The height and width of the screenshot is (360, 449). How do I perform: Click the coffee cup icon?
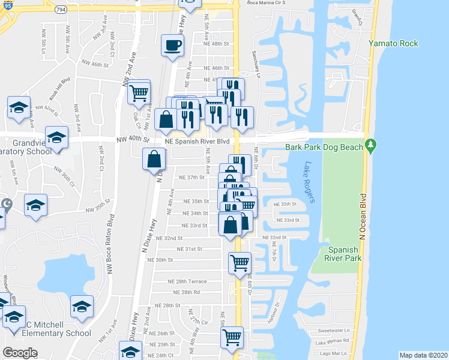(x=173, y=46)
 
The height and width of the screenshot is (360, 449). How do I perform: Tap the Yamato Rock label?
(x=394, y=44)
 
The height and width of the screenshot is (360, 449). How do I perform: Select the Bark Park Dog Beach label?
(x=324, y=147)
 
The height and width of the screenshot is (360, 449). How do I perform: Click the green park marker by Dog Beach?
(x=371, y=145)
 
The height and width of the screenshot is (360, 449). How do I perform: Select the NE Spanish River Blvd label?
(x=196, y=142)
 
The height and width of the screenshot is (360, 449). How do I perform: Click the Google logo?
(x=20, y=353)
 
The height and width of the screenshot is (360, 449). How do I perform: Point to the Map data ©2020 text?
(x=423, y=355)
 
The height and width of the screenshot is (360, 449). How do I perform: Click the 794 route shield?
(x=59, y=10)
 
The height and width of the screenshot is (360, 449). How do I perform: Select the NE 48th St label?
(x=217, y=44)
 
